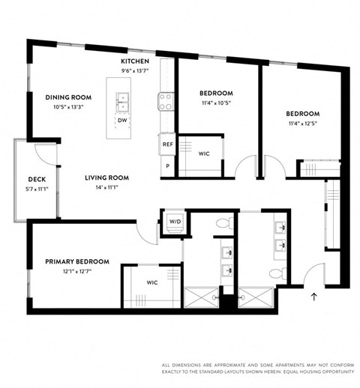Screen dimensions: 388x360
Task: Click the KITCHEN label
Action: (x=136, y=61)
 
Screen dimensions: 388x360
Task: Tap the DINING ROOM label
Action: (x=67, y=97)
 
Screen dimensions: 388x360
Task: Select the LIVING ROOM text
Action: (x=106, y=178)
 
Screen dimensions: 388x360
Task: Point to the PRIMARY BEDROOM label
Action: (x=76, y=261)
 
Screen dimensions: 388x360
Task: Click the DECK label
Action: (x=37, y=179)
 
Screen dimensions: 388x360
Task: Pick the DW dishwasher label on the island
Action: (x=121, y=120)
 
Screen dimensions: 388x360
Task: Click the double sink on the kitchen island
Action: (x=122, y=100)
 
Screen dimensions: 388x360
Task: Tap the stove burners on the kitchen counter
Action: (x=166, y=100)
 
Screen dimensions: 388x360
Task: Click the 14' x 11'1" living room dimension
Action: (x=106, y=187)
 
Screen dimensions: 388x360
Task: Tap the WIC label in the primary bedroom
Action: (x=151, y=282)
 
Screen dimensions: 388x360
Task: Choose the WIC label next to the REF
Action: (x=204, y=154)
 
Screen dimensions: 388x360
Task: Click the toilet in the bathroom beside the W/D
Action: (x=223, y=223)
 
